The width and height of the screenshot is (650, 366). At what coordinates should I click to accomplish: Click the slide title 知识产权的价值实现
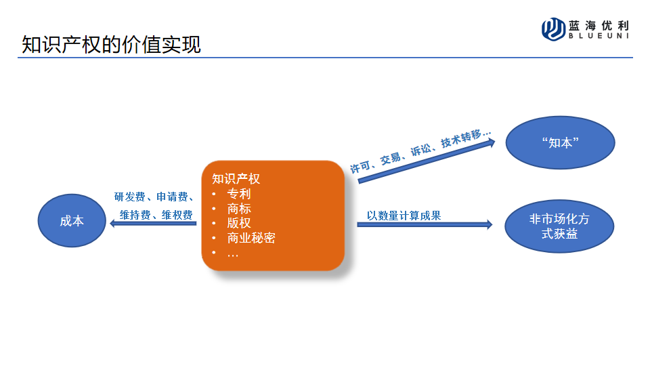112,45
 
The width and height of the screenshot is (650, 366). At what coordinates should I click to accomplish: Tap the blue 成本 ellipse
72,221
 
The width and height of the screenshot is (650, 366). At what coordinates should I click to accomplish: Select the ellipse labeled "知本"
559,143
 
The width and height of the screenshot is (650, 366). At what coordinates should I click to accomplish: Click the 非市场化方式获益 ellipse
559,226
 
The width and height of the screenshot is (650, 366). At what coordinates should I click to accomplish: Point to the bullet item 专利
239,194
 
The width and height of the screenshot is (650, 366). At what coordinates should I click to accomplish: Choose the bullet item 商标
239,209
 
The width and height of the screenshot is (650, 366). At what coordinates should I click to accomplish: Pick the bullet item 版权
239,223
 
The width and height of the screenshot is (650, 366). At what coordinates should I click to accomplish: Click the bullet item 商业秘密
251,238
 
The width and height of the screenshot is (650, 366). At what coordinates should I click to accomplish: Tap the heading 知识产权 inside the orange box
236,179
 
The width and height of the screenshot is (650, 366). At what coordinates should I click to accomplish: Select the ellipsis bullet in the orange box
233,253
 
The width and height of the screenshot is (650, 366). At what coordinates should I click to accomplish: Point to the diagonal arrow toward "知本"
427,160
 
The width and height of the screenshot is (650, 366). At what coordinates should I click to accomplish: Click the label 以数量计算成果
404,216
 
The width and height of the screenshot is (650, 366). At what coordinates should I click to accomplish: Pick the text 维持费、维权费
156,215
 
